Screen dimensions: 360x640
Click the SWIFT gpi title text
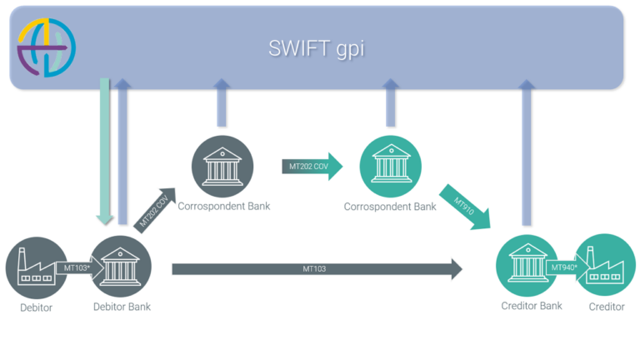316,48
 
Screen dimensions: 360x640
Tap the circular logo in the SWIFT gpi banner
47,47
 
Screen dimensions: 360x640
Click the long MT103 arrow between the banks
317,268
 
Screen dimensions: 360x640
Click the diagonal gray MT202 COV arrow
155,211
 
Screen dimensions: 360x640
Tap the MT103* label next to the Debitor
77,268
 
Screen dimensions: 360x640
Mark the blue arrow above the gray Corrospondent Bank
222,102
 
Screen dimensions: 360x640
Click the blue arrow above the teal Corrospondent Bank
390,102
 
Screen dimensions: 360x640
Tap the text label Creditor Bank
532,306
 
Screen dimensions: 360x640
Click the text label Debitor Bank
122,307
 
